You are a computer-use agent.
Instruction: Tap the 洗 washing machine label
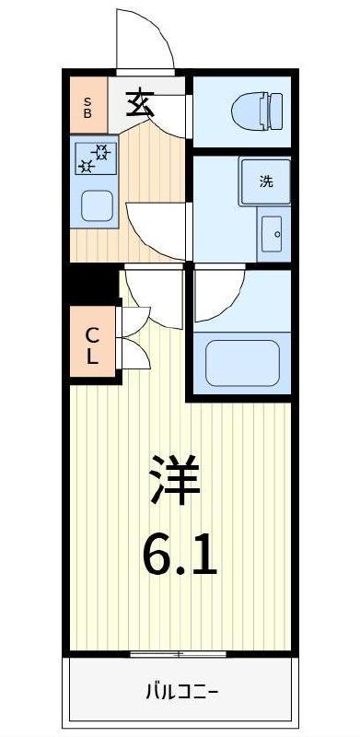265,181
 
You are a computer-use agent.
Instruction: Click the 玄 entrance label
139,101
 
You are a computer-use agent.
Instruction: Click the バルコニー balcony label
180,692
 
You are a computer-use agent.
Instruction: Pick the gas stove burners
96,158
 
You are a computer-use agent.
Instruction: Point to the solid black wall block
93,284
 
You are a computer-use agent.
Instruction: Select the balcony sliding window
179,654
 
